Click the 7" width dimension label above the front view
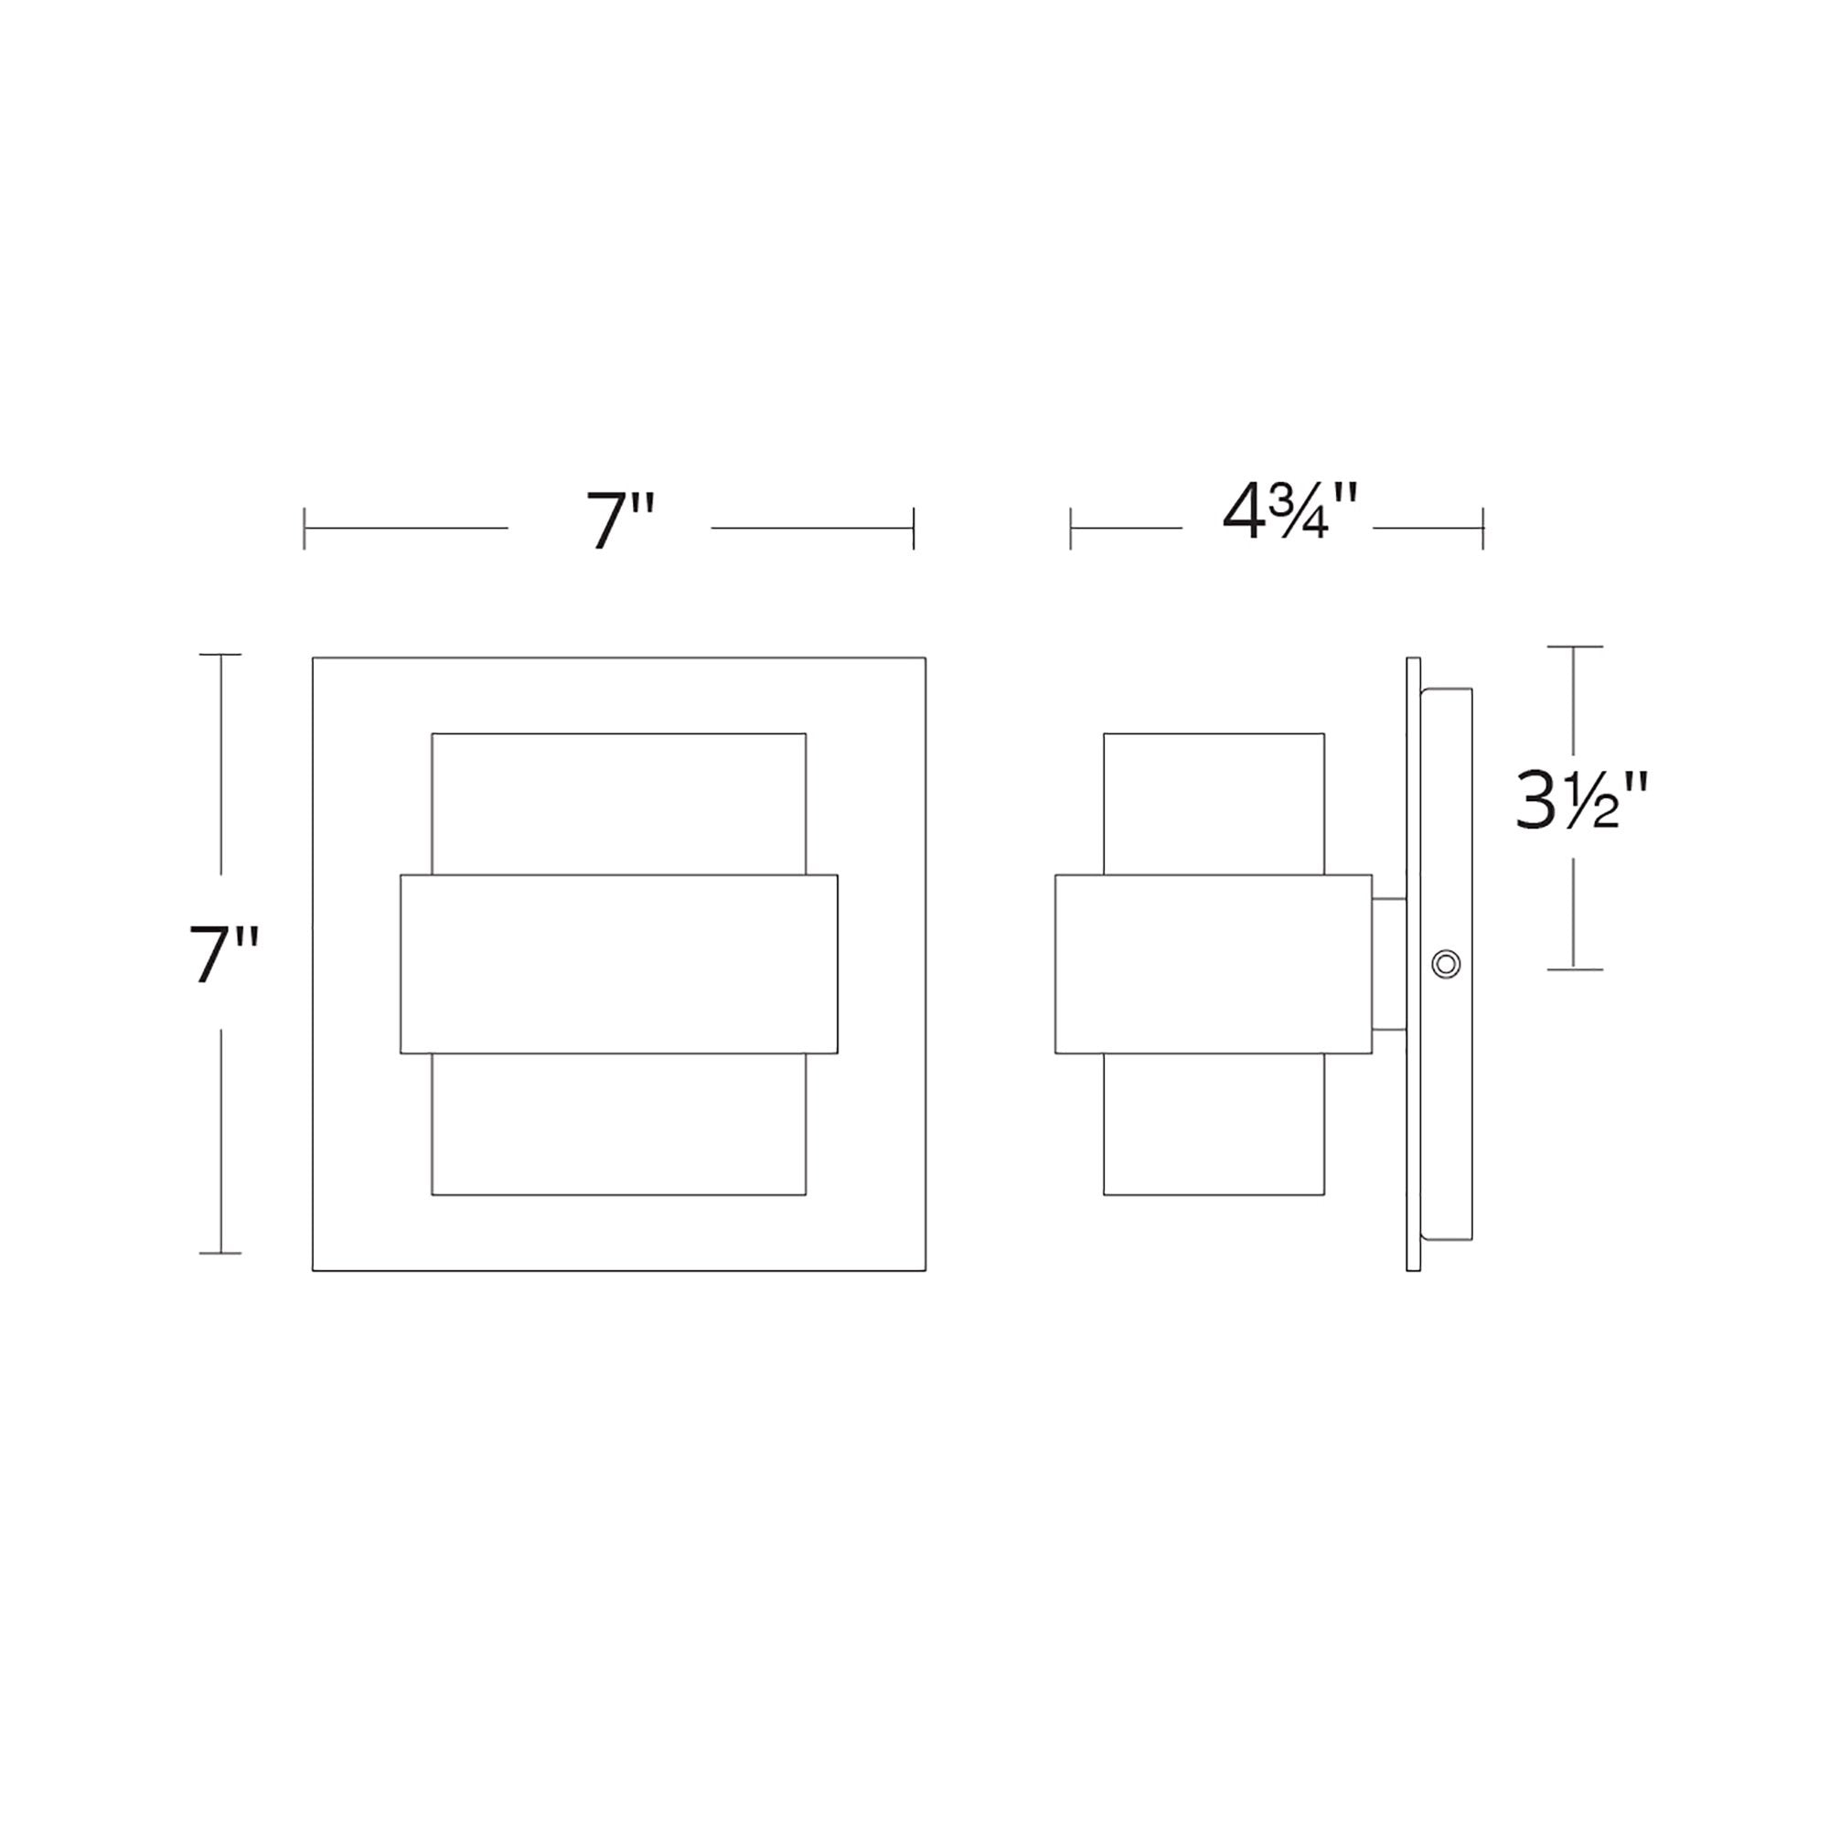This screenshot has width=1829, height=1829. [621, 519]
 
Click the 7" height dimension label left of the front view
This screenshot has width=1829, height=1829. [223, 953]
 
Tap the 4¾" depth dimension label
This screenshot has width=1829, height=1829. [1290, 511]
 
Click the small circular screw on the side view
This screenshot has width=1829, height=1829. [1446, 965]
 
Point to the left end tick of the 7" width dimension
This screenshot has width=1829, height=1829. [304, 529]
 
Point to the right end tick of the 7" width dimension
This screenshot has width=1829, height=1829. [914, 529]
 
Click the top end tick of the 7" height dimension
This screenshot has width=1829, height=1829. [220, 654]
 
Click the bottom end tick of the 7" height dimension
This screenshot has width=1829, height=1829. [220, 1254]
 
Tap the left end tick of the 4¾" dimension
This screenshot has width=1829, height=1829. [1071, 529]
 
